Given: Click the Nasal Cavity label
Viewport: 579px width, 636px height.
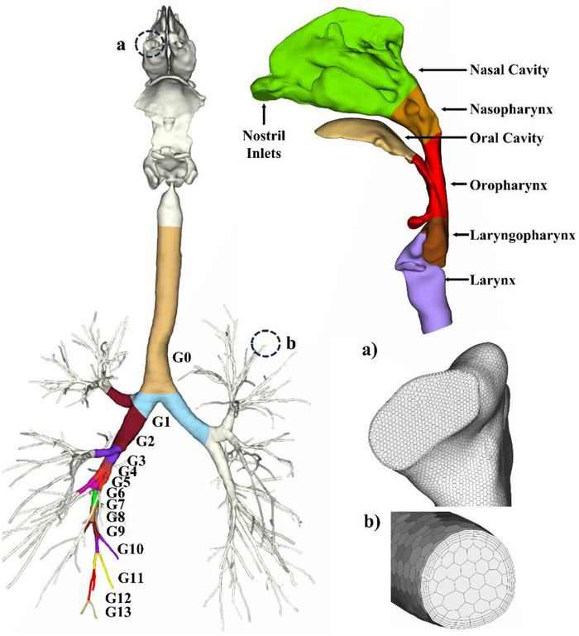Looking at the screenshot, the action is [x=510, y=69].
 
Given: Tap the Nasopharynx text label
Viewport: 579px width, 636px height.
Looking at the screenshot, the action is [x=511, y=109].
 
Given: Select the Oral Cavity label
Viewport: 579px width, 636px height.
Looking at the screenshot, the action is [x=506, y=138].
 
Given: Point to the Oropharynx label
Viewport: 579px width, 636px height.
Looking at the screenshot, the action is [x=509, y=185].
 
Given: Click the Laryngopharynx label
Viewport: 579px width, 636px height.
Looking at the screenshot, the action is [x=523, y=235].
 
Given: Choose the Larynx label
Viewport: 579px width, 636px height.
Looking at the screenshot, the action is [x=493, y=280].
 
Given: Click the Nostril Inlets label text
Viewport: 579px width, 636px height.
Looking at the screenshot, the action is [x=264, y=144].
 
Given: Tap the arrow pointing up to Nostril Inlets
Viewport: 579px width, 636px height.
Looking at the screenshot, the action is [x=264, y=114].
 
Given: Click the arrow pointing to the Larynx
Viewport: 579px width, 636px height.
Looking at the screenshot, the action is [x=457, y=280].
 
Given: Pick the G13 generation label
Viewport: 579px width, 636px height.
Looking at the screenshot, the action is [x=118, y=612].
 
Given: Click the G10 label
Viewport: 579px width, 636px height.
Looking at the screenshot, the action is [x=131, y=549].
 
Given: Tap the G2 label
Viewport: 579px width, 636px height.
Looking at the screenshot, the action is [x=145, y=441].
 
